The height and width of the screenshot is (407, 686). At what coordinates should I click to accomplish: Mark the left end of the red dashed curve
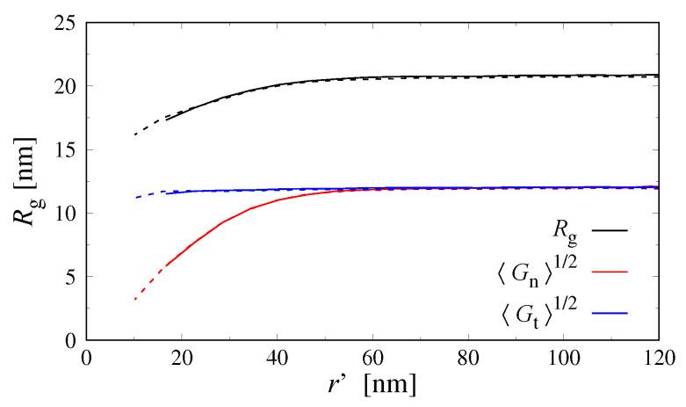(134, 300)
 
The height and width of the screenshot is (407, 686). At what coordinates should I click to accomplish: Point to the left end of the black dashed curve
(134, 134)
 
